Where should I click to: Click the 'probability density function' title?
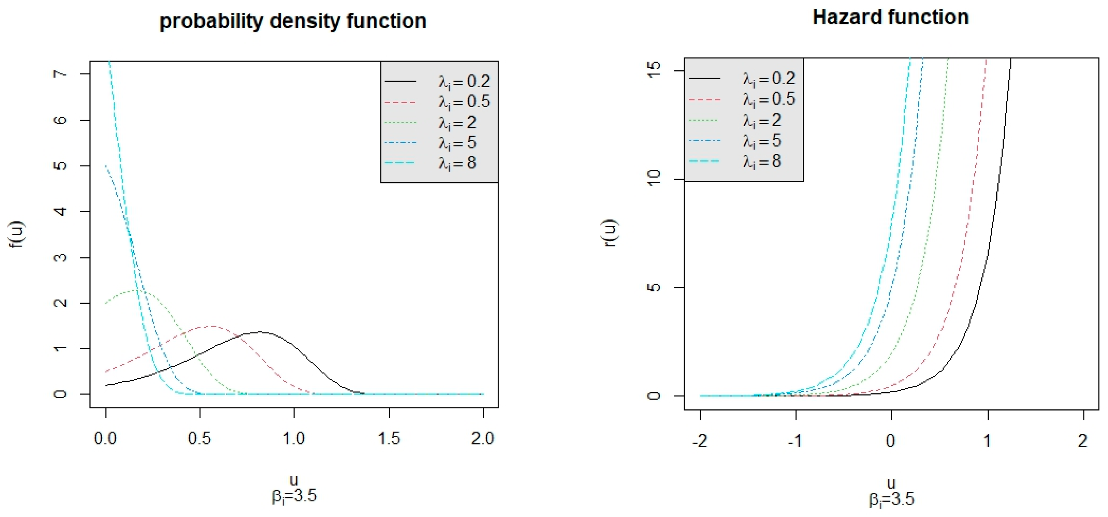click(293, 21)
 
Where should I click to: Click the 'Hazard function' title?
click(890, 18)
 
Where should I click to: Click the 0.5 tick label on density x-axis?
click(200, 438)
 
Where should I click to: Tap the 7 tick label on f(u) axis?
click(61, 74)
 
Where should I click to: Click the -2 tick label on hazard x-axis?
click(700, 441)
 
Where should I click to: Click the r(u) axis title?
click(611, 233)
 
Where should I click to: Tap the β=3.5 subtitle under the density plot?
click(294, 496)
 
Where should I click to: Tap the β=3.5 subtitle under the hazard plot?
click(891, 499)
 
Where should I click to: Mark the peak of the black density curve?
click(260, 332)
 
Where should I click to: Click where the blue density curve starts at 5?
click(106, 166)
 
